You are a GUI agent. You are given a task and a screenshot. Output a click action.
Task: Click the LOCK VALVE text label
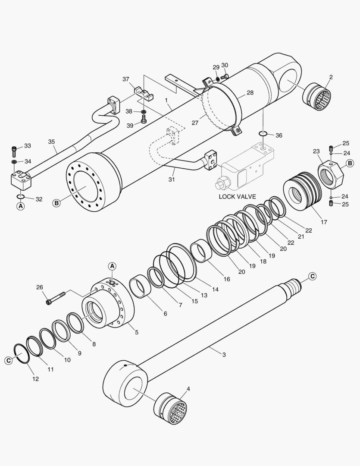pos(237,197)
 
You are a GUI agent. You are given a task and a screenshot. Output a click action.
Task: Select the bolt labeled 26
pos(56,298)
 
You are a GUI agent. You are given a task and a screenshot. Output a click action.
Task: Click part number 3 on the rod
pos(224,354)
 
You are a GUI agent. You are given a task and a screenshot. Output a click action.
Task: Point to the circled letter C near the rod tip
pos(312,276)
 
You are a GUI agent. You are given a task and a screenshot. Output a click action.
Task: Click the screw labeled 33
pos(14,151)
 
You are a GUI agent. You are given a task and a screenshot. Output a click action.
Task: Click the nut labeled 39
pos(144,121)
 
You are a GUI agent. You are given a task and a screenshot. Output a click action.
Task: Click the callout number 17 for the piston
pos(324,222)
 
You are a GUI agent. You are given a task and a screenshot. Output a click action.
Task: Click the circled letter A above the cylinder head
pos(112,266)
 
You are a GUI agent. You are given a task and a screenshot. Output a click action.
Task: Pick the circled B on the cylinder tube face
pos(56,202)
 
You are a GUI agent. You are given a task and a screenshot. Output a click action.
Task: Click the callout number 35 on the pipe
pos(51,142)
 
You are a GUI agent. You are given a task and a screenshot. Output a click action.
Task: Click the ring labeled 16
pos(201,251)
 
